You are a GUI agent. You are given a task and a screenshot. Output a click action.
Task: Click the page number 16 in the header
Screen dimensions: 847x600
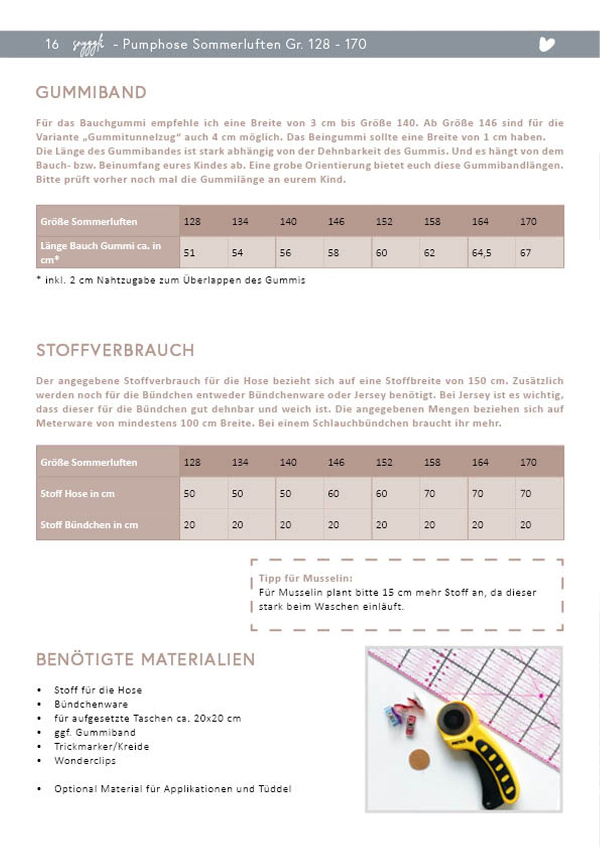tap(52, 44)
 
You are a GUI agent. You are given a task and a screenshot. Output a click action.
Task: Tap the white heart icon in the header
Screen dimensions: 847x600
tap(547, 44)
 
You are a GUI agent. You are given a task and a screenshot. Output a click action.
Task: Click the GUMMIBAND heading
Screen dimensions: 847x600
tap(91, 93)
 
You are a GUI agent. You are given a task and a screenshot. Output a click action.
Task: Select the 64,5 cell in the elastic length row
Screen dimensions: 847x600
tap(481, 253)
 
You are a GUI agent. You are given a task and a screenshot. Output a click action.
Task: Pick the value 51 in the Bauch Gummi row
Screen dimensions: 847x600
tap(189, 253)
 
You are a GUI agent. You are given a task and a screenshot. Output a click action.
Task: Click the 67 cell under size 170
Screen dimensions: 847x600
tap(526, 253)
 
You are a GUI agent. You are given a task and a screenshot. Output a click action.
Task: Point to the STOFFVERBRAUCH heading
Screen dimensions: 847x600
tap(115, 350)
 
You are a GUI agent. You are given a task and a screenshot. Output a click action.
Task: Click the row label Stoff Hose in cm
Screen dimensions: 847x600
tap(78, 493)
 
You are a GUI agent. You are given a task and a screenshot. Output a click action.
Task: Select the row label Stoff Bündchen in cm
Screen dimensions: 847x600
tap(89, 525)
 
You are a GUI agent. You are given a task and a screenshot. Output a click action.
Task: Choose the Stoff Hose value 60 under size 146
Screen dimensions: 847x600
tap(333, 493)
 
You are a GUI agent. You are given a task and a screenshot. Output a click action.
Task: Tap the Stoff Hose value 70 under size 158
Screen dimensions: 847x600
tap(429, 493)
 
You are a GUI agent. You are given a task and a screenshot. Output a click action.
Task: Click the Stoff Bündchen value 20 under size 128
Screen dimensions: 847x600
tap(189, 525)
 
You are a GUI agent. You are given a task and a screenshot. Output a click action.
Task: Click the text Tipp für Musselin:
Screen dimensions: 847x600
tap(305, 578)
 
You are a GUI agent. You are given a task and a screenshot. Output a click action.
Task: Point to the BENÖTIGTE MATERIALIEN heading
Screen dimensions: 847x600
tap(145, 660)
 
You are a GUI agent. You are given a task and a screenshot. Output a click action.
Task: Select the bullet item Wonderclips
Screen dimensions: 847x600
tap(85, 761)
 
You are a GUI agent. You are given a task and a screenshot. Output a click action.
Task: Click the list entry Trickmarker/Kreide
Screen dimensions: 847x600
tap(102, 746)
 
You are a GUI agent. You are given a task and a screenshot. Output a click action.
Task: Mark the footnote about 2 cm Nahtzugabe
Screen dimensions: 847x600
tap(171, 280)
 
